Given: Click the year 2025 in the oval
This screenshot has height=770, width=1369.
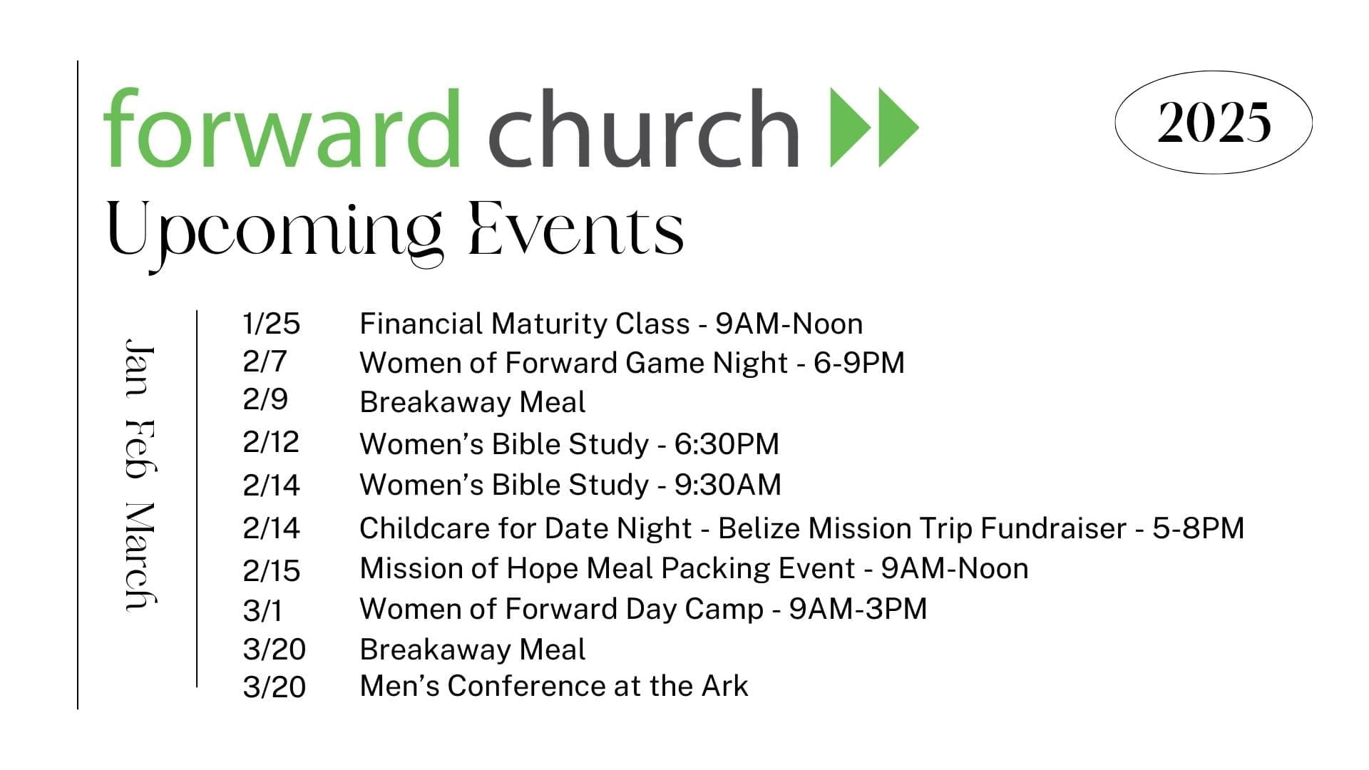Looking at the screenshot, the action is pyautogui.click(x=1214, y=123).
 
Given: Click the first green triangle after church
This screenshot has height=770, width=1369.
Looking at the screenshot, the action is pyautogui.click(x=851, y=128).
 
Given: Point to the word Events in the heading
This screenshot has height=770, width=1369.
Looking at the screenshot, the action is pyautogui.click(x=576, y=229).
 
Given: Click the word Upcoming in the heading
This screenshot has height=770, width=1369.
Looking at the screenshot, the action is pyautogui.click(x=275, y=235).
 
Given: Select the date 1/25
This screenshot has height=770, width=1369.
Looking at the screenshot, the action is pyautogui.click(x=272, y=324).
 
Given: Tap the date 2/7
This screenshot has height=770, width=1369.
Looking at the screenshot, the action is pyautogui.click(x=265, y=361).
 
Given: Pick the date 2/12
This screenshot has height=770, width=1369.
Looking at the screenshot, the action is pyautogui.click(x=271, y=443).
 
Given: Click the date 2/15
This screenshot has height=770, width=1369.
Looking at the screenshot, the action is pyautogui.click(x=272, y=571).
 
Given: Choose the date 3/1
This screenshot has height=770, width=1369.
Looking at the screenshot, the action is pyautogui.click(x=262, y=611).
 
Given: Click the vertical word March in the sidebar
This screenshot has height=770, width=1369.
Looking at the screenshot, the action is pyautogui.click(x=140, y=557).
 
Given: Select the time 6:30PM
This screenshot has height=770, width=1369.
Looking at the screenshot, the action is pyautogui.click(x=727, y=443).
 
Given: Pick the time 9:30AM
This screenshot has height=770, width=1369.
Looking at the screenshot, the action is pyautogui.click(x=728, y=485).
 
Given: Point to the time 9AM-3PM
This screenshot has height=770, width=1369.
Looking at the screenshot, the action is pyautogui.click(x=858, y=609).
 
